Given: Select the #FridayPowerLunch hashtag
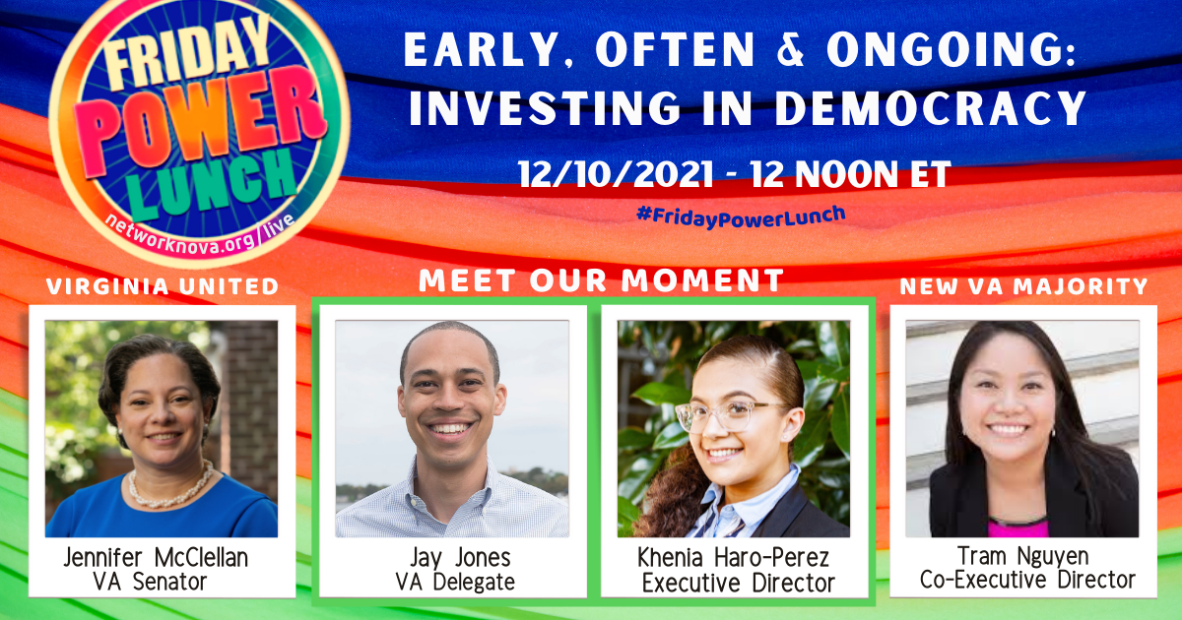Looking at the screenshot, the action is pos(741,217).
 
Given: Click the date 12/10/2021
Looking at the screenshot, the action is pos(616,174).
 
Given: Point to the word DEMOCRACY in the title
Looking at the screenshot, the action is pos(931,108).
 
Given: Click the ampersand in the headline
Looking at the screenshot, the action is pos(790,49).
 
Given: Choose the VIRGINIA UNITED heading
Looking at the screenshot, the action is pos(163,286).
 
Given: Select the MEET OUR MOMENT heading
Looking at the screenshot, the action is pos(602,279).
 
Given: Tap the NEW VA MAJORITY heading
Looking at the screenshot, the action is pos(1023,286).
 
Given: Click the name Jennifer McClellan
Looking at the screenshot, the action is pos(156,557).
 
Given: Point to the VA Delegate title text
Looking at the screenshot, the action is pos(455,582).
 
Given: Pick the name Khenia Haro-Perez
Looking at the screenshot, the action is pos(734,557).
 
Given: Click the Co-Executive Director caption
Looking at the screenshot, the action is pos(1026,580).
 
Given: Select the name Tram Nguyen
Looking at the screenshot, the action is pos(1022,556).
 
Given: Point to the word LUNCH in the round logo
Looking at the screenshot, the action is pos(212,186).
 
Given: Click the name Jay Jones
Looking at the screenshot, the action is pos(460,558).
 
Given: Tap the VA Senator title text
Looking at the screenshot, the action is pos(150,582).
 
